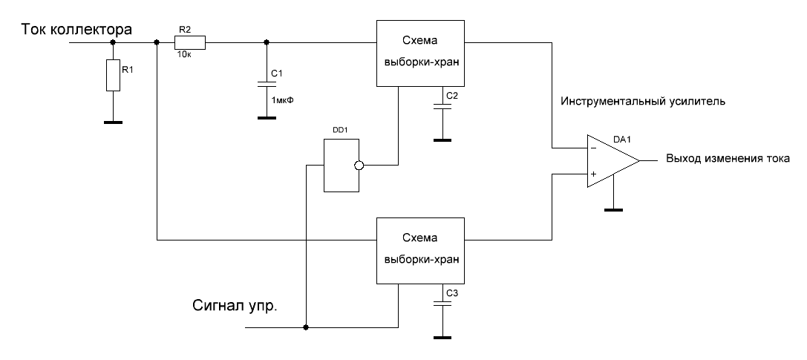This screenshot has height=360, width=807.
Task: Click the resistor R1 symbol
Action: pyautogui.click(x=113, y=76)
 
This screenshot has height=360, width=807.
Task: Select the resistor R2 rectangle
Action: pyautogui.click(x=190, y=43)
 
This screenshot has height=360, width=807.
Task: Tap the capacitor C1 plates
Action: pyautogui.click(x=266, y=82)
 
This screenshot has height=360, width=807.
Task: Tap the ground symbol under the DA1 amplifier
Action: pyautogui.click(x=611, y=209)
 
